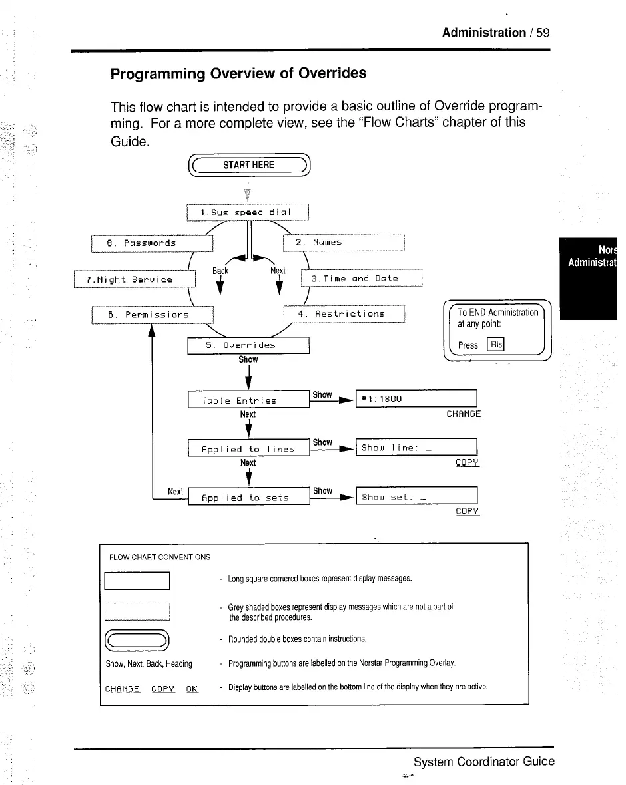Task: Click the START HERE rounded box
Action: [x=248, y=165]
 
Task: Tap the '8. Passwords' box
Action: [x=151, y=243]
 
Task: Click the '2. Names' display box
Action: [x=344, y=243]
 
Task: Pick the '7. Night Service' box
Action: [x=135, y=279]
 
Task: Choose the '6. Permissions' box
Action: [x=151, y=314]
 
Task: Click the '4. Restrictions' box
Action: [x=344, y=313]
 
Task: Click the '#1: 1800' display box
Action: [x=417, y=399]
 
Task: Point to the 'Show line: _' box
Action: [x=417, y=448]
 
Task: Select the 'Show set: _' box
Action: [x=417, y=496]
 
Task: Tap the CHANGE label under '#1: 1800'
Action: [x=464, y=414]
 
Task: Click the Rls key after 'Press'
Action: [x=496, y=344]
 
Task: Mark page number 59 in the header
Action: [x=542, y=33]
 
